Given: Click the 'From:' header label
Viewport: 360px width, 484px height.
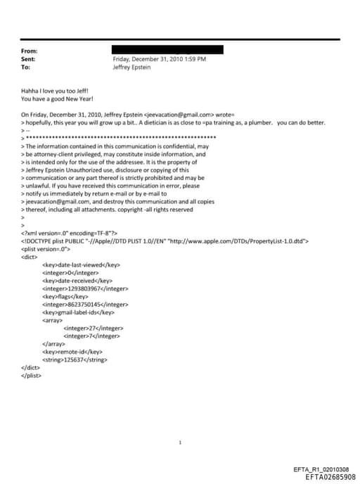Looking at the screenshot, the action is (x=30, y=51).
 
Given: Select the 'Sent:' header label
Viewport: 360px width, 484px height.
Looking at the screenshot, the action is (x=30, y=59).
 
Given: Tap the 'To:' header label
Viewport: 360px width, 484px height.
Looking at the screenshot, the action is (x=27, y=67).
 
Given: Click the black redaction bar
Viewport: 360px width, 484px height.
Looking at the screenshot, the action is (x=167, y=50).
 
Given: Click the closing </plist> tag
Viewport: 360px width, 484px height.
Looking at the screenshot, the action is (x=31, y=375).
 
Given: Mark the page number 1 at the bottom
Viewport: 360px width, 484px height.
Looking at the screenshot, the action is (x=181, y=442).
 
